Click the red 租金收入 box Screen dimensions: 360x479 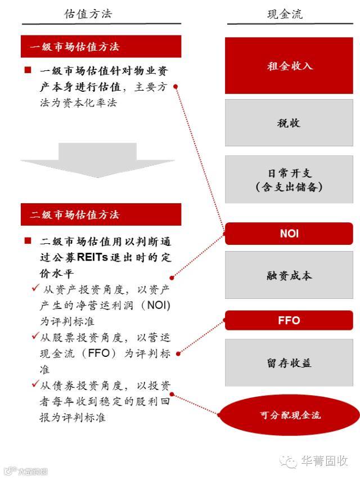289,66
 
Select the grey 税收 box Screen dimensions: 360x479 289,123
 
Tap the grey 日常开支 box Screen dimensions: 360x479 289,180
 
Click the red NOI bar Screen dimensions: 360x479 289,233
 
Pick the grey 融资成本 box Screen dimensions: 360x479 289,276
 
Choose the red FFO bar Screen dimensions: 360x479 289,320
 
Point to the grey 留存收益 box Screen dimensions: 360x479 289,363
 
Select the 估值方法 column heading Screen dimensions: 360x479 88,14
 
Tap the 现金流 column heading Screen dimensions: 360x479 285,14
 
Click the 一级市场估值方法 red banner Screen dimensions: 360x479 101,47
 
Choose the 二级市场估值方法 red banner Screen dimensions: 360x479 101,214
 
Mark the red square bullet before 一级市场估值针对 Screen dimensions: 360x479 28,70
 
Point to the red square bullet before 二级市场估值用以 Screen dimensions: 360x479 28,241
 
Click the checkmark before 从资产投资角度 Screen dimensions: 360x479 35,288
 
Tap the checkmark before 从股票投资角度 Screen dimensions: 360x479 35,337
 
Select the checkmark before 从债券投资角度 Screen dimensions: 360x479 35,385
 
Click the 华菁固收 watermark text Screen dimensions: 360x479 324,462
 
